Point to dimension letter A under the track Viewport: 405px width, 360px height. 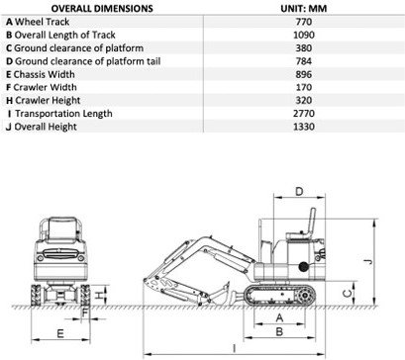pyautogui.click(x=280, y=317)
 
